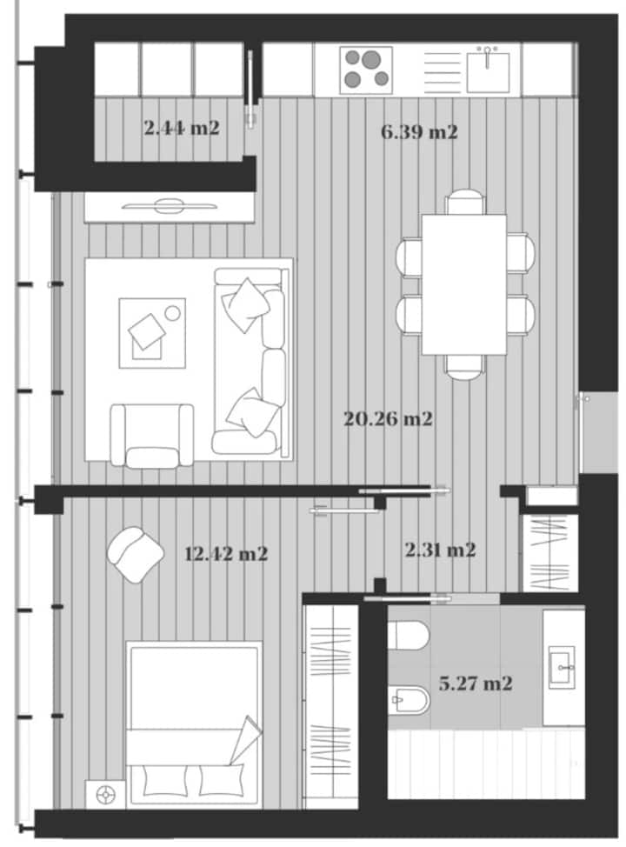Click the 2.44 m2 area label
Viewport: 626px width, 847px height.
pos(182,129)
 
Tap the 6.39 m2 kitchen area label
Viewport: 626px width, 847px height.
pos(419,132)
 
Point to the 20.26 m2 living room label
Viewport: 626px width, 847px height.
pos(389,418)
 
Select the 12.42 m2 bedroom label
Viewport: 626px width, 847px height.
pos(226,554)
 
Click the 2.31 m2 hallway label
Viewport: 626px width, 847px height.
pos(440,550)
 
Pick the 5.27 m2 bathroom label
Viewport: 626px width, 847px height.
pos(476,684)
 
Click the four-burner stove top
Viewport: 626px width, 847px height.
pos(366,68)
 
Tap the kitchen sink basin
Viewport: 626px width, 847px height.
pos(489,72)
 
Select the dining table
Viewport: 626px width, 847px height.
pos(464,284)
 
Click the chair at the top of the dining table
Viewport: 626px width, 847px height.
pos(465,201)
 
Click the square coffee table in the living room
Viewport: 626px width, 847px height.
pos(152,333)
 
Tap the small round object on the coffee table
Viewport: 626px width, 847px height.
pos(173,313)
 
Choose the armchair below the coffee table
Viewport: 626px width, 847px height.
pos(152,436)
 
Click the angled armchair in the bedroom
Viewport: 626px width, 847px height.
pos(135,554)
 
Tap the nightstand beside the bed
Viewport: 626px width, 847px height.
pos(105,795)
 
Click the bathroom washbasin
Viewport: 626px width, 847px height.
pos(562,667)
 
